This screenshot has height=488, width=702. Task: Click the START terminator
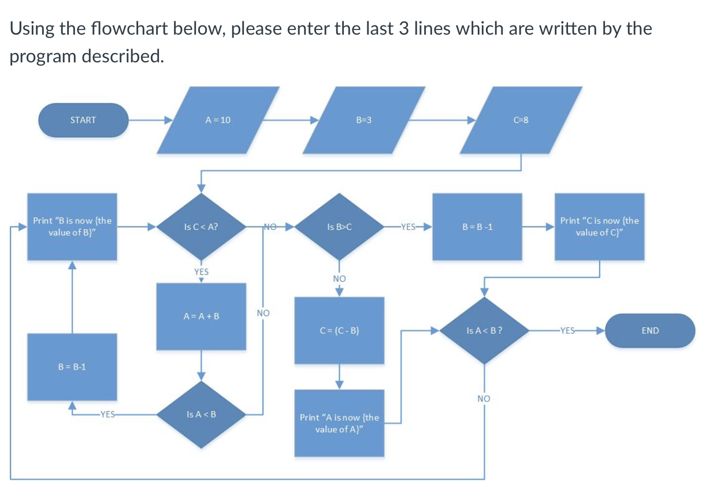pos(83,120)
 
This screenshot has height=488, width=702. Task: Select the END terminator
pos(650,331)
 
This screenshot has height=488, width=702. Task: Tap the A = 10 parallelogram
pos(218,120)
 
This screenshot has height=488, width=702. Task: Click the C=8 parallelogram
pos(521,120)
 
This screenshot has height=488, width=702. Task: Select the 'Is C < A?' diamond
pos(201,227)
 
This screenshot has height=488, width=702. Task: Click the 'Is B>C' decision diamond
pos(340,227)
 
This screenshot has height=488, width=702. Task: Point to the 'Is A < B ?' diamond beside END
pos(484,331)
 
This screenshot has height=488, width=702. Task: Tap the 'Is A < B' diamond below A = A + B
pos(201,414)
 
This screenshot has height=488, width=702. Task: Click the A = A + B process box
pos(201,316)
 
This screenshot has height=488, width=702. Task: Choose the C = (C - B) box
pos(340,331)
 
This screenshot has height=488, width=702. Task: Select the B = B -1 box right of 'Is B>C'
pos(477,227)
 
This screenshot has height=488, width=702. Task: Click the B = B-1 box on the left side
pos(72,367)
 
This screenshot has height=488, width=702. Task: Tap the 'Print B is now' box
pos(72,226)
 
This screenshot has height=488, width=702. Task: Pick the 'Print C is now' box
pos(599,226)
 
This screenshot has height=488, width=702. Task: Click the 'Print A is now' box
pos(340,423)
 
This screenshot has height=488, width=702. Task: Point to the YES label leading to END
pos(567,331)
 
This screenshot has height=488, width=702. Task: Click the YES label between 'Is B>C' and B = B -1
pos(408,227)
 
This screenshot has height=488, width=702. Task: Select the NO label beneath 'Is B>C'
pos(339,278)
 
